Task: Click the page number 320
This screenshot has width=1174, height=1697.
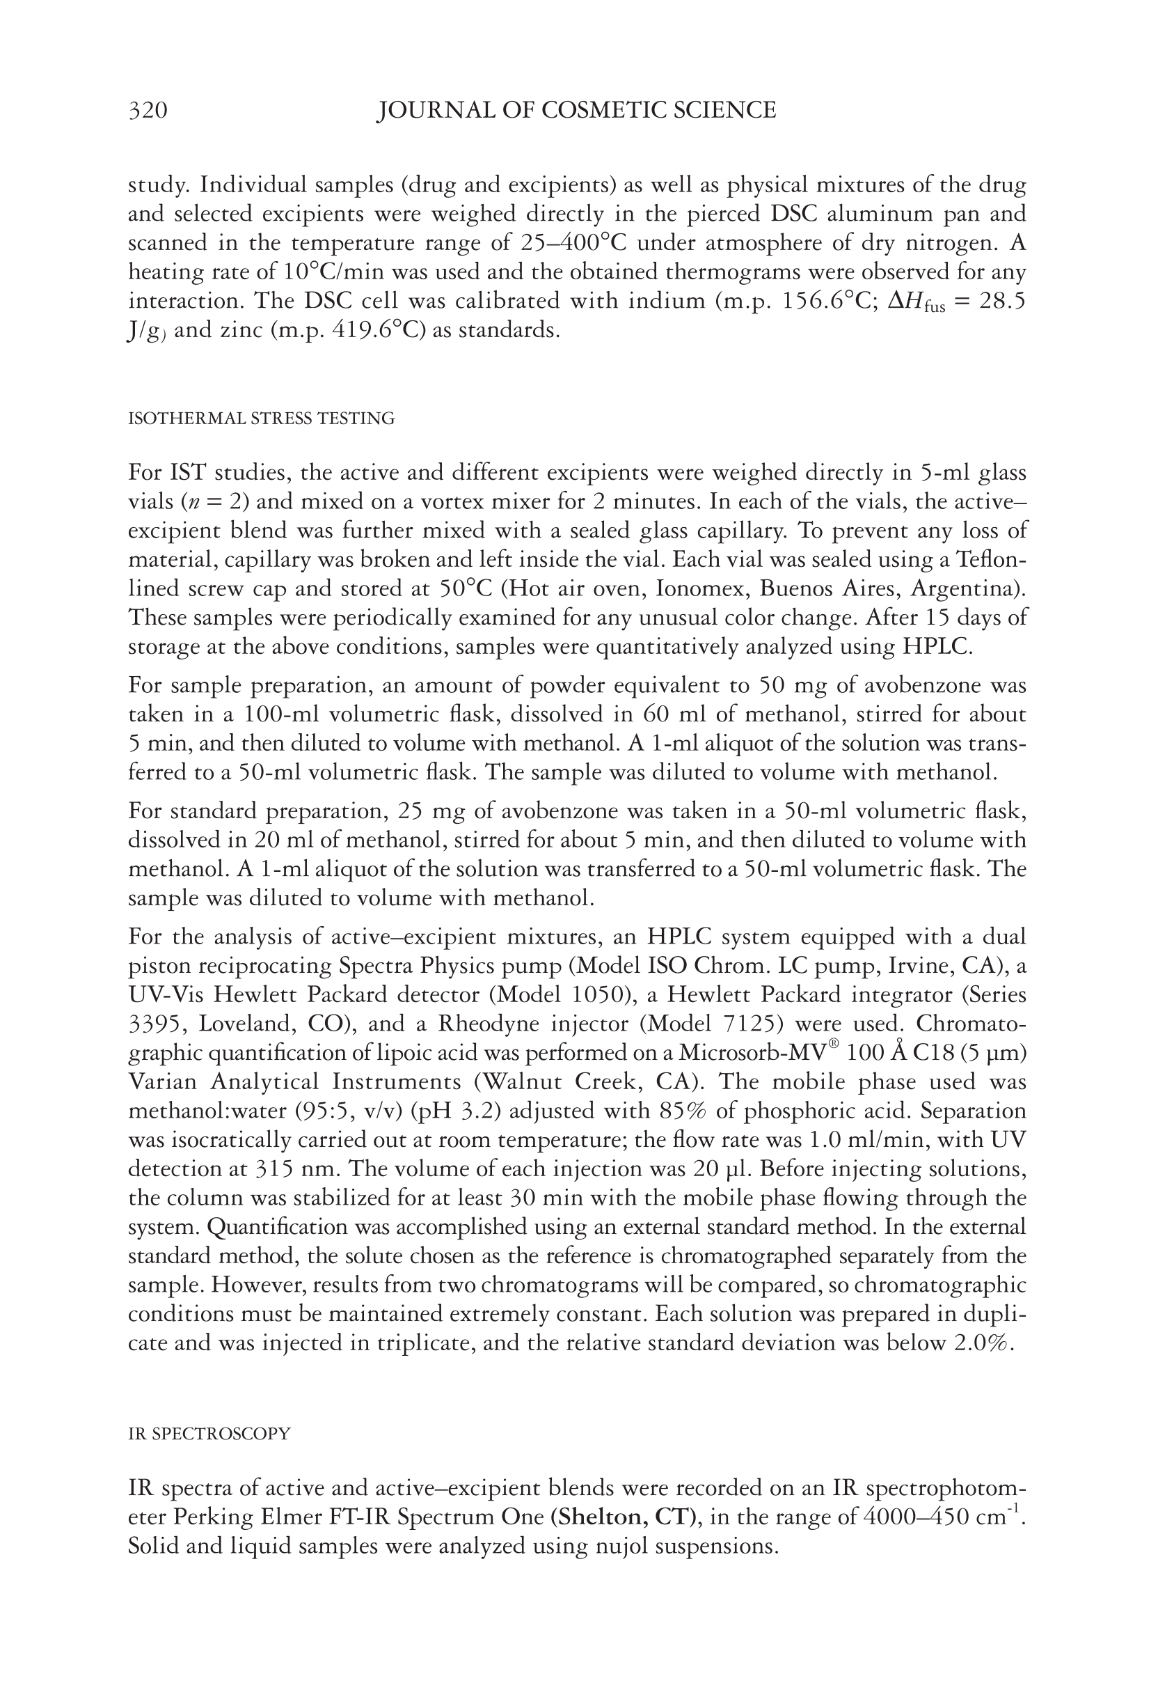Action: coord(148,111)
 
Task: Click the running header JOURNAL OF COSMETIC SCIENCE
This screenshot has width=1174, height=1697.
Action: coord(576,111)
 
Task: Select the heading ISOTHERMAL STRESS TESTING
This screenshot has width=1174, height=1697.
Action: coord(261,419)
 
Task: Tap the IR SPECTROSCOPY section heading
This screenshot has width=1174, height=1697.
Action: coord(209,1434)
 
